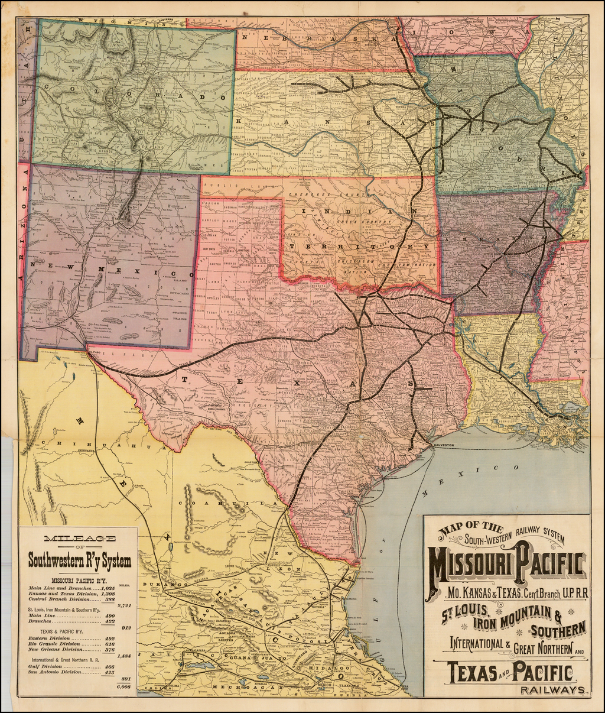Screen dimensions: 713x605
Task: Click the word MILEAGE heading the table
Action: (79, 537)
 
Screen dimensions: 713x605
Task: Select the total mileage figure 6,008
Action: (123, 686)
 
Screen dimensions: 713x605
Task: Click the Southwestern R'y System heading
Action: (79, 560)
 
